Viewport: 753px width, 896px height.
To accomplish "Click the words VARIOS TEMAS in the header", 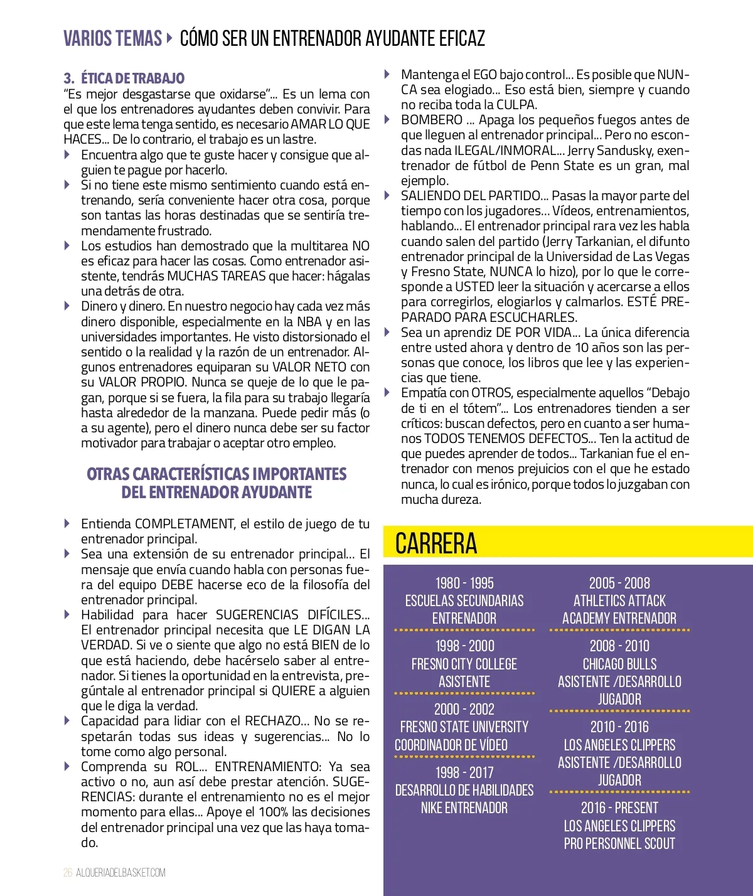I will (112, 38).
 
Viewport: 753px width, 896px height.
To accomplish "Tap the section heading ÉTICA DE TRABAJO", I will (132, 78).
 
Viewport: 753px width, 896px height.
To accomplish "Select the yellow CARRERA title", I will (436, 543).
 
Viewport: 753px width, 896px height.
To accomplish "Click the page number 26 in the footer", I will (68, 873).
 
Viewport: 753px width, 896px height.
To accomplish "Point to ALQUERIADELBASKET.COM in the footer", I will (120, 873).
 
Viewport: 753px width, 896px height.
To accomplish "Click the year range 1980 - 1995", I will (464, 583).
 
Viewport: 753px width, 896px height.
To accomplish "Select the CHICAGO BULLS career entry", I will (619, 664).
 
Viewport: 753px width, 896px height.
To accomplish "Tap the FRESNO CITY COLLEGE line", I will (464, 664).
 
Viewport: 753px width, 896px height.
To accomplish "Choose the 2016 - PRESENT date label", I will (619, 808).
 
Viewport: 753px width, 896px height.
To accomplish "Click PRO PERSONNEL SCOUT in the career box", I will (619, 844).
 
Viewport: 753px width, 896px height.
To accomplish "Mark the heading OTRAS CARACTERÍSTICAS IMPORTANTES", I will (216, 474).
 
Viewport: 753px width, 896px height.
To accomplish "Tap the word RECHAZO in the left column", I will (273, 721).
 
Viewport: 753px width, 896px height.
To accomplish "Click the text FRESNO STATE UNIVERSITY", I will (464, 727).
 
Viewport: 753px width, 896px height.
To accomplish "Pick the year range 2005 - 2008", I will (619, 583).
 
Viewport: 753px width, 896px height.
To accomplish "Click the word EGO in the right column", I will (484, 75).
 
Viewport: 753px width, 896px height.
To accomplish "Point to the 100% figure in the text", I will (274, 812).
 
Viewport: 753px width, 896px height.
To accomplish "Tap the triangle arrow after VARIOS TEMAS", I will (169, 38).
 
